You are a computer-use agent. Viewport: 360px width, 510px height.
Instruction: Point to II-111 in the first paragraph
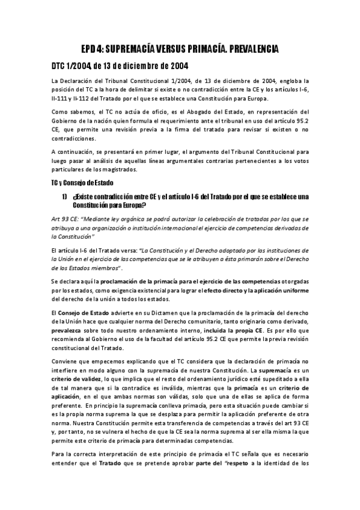(60, 99)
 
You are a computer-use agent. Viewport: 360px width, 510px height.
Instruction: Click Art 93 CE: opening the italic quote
(66, 219)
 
